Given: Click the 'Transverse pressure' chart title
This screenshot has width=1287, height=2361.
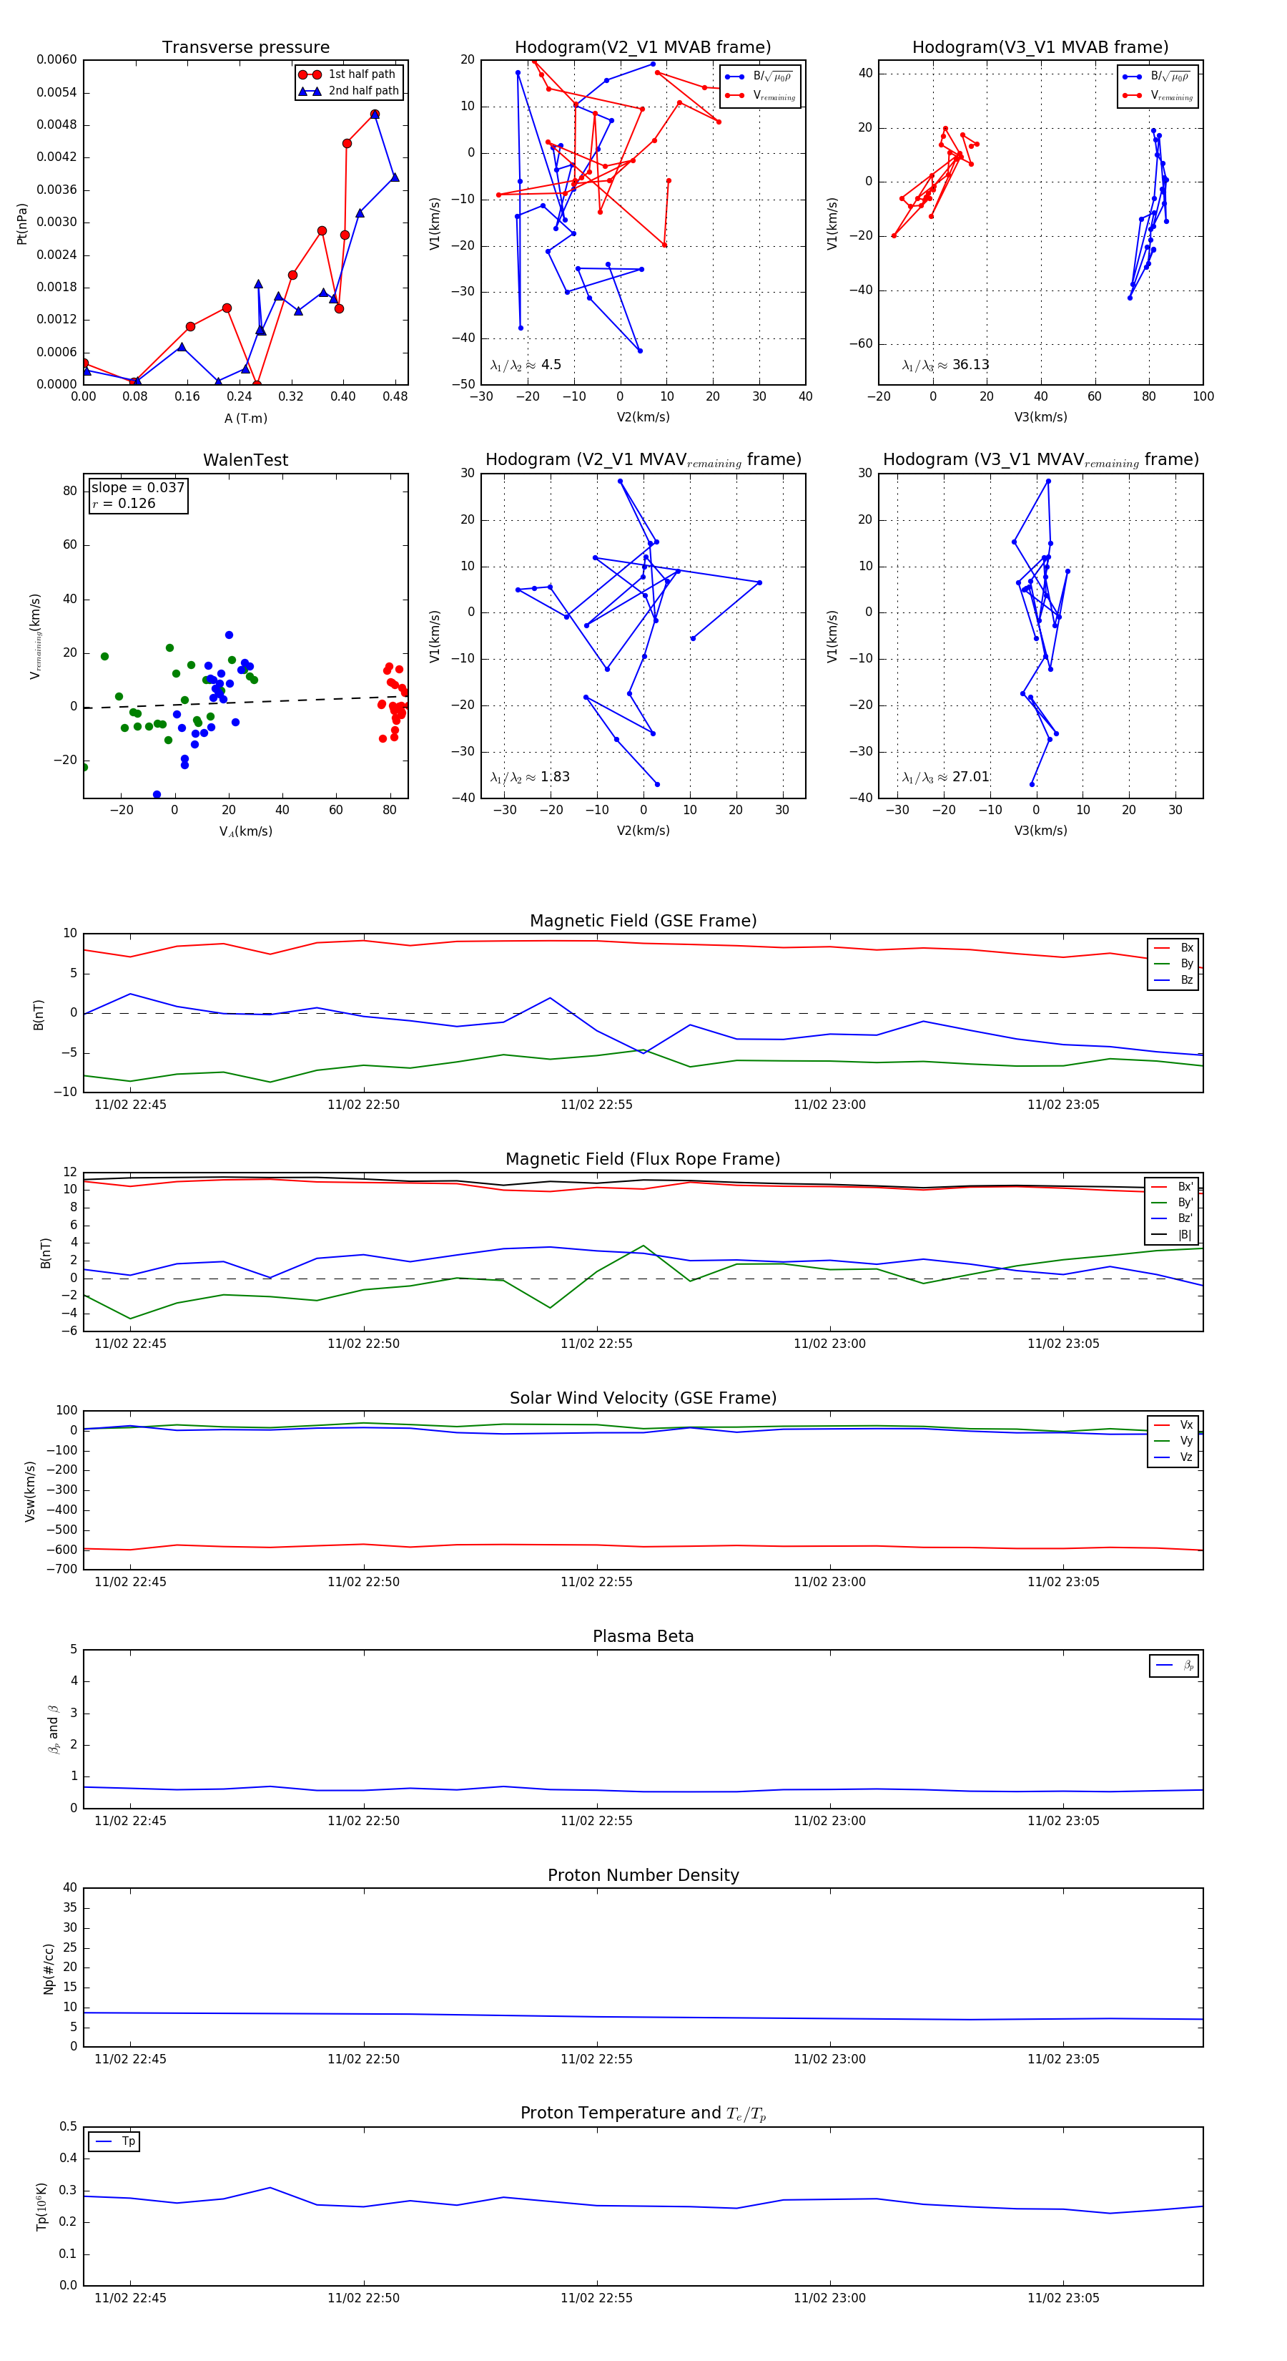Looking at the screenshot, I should tap(245, 48).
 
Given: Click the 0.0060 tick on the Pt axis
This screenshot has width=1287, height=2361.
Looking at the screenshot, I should tap(56, 59).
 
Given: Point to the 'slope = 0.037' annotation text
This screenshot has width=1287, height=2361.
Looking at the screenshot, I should tap(137, 488).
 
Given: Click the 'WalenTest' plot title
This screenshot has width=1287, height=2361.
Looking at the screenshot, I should tap(245, 460).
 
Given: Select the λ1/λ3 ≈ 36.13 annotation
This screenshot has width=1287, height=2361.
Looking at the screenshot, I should tap(945, 365).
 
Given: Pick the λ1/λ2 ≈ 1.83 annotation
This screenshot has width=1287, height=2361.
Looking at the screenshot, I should tap(529, 777).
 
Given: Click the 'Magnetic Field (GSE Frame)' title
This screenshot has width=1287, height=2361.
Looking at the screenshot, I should tap(643, 921).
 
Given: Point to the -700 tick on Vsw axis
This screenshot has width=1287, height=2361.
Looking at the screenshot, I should tap(61, 1569).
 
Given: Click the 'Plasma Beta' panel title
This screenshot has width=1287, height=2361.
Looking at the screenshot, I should tap(643, 1637).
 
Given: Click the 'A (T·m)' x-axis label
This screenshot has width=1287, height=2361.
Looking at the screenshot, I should tap(245, 419).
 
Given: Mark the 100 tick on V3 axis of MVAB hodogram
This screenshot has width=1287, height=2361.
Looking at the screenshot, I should tap(1203, 396).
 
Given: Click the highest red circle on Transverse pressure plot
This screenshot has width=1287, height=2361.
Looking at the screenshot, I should tap(375, 114).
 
